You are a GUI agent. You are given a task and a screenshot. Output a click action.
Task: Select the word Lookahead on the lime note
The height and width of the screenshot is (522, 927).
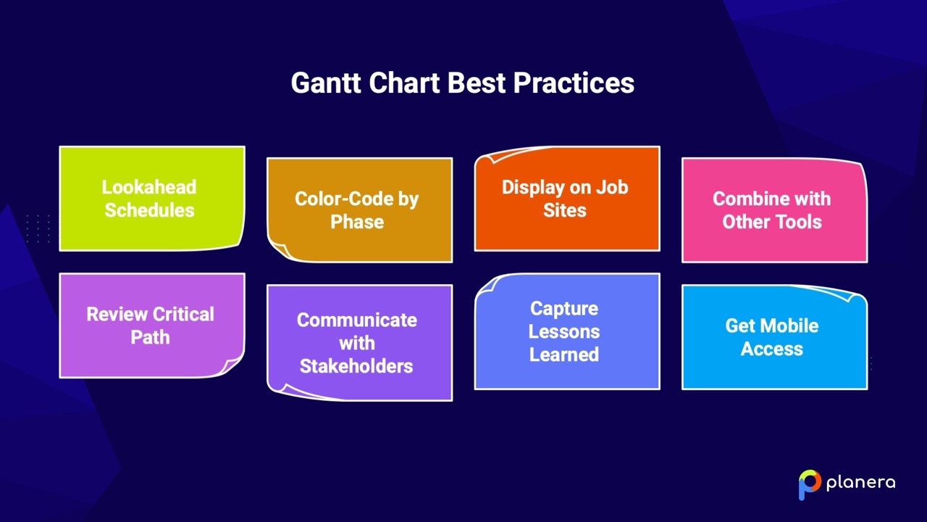148,187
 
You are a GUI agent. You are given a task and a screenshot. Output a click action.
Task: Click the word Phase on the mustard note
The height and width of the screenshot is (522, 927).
357,222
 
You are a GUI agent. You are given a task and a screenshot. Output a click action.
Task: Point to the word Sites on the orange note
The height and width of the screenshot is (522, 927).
564,210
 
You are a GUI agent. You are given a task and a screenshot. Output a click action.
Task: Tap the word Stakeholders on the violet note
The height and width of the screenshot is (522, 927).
356,366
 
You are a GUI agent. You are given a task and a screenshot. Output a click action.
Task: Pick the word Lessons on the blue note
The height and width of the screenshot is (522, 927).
563,331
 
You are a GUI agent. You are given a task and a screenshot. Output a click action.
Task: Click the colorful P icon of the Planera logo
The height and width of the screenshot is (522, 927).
809,484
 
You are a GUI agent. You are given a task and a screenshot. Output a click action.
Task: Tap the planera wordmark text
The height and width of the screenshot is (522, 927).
860,482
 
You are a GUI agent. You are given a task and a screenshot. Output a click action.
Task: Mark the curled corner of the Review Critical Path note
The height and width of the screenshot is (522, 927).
233,366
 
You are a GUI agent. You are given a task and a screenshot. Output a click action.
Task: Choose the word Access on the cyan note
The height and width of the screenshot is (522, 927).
771,349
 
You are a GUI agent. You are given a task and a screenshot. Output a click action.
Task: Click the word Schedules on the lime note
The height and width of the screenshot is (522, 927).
149,210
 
